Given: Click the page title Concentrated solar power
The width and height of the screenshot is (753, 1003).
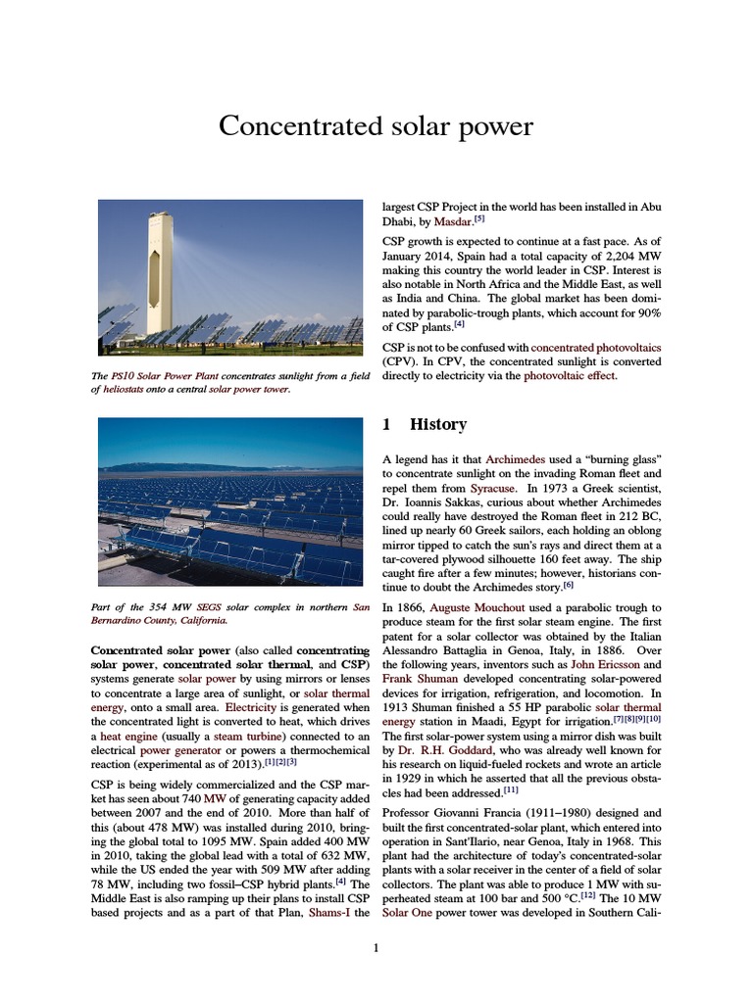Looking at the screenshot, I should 376,127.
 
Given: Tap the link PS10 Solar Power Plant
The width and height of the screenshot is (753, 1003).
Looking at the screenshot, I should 157,376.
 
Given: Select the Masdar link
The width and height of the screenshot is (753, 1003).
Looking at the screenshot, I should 453,222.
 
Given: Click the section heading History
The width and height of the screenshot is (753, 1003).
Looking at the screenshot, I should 437,424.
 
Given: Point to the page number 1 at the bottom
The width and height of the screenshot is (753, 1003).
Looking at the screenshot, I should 376,947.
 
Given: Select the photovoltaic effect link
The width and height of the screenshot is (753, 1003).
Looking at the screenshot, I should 573,375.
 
